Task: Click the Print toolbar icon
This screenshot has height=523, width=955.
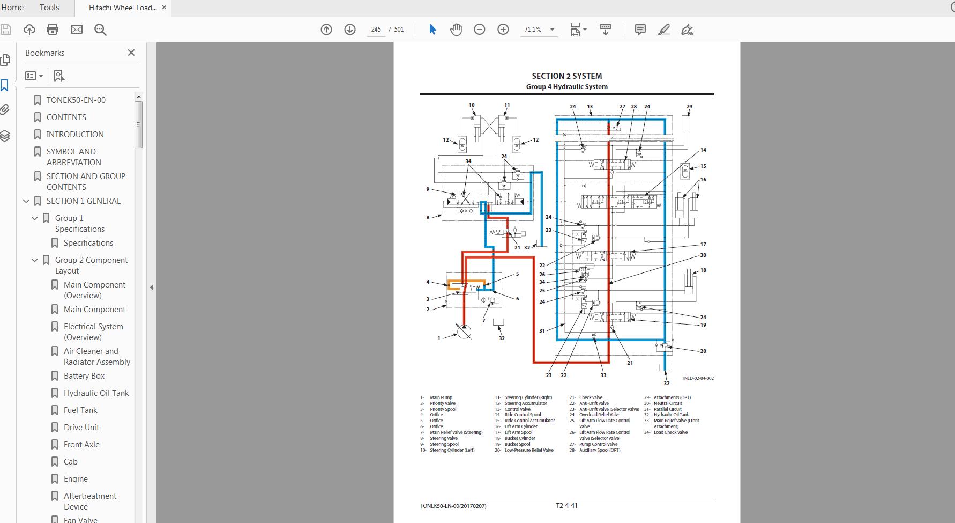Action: pyautogui.click(x=53, y=30)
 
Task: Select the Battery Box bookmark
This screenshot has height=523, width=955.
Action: pyautogui.click(x=84, y=376)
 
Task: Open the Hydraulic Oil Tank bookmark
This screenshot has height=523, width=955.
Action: pyautogui.click(x=96, y=393)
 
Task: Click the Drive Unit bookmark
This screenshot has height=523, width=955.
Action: pyautogui.click(x=81, y=428)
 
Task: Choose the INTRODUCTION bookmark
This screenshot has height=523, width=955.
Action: pyautogui.click(x=75, y=135)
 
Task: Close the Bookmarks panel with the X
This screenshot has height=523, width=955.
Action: pyautogui.click(x=131, y=53)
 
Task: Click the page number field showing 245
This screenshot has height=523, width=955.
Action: pyautogui.click(x=376, y=30)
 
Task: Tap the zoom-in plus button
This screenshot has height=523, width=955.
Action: pyautogui.click(x=503, y=30)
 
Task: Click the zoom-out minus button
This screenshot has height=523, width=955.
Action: pyautogui.click(x=479, y=30)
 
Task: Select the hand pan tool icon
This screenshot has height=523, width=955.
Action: pyautogui.click(x=456, y=30)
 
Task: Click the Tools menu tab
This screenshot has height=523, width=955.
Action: pyautogui.click(x=49, y=8)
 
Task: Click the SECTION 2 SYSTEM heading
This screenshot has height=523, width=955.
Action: pyautogui.click(x=566, y=76)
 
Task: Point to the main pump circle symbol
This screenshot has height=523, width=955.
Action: pyautogui.click(x=464, y=332)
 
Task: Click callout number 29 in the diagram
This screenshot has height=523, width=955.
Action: pyautogui.click(x=689, y=107)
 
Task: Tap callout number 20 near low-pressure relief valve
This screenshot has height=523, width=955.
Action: pyautogui.click(x=703, y=351)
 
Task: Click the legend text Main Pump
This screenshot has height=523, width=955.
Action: pyautogui.click(x=441, y=398)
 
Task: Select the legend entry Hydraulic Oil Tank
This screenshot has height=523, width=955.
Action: pyautogui.click(x=671, y=415)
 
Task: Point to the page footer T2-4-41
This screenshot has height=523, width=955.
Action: pyautogui.click(x=566, y=505)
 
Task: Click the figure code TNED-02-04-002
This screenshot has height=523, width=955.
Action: pyautogui.click(x=697, y=378)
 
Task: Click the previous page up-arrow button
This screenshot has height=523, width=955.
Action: pyautogui.click(x=326, y=30)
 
